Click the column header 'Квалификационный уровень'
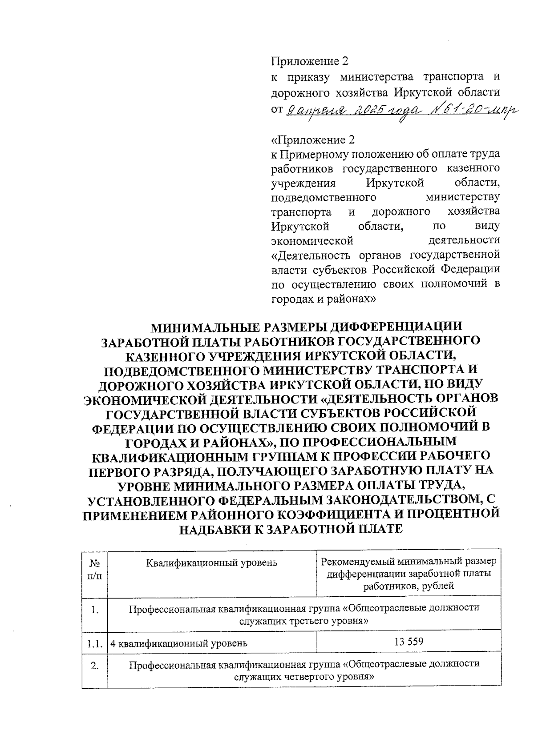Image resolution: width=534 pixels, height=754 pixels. [212, 563]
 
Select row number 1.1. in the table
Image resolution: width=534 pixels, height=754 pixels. [95, 643]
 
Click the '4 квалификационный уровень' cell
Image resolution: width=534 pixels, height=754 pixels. [179, 643]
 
